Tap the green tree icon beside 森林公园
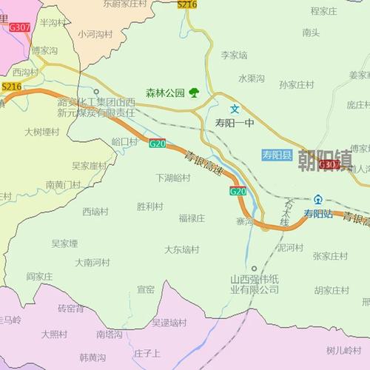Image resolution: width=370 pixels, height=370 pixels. coord(194,92)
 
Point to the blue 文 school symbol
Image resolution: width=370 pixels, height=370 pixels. coord(234,108)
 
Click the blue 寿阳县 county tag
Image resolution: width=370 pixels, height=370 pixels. coord(277,155)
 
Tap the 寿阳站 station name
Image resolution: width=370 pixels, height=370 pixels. coord(319,213)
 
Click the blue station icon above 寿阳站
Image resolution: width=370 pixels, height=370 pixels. coord(318,199)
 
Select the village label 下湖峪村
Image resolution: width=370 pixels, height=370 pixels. coord(172,178)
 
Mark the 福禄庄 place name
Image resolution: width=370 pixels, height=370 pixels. coord(191,218)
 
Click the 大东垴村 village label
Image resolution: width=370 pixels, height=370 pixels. coord(182,249)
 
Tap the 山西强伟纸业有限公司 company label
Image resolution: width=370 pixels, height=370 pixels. coord(254,284)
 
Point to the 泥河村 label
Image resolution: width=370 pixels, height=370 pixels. coord(290,247)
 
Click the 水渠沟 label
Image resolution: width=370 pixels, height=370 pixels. coord(252,78)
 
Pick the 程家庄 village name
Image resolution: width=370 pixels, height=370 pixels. coord(324,11)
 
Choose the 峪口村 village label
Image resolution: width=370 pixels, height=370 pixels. coord(124,141)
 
